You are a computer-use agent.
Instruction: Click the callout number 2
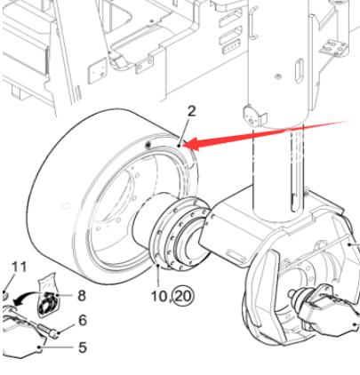point(192,111)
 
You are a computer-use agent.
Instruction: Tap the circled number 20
point(184,296)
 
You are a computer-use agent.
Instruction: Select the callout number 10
point(159,296)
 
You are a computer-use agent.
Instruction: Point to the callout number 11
point(20,267)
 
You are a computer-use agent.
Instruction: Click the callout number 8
point(82,296)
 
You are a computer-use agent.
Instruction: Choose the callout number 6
point(83,320)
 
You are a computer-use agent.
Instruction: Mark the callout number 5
point(83,347)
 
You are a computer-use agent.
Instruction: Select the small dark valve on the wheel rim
point(148,145)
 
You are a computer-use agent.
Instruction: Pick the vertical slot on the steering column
point(299,69)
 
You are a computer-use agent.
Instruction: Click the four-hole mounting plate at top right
point(334,47)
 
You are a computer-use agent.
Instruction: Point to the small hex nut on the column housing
point(278,76)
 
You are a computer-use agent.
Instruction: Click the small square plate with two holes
point(97,71)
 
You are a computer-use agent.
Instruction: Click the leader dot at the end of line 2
point(179,146)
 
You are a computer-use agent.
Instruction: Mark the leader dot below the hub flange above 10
point(158,266)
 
